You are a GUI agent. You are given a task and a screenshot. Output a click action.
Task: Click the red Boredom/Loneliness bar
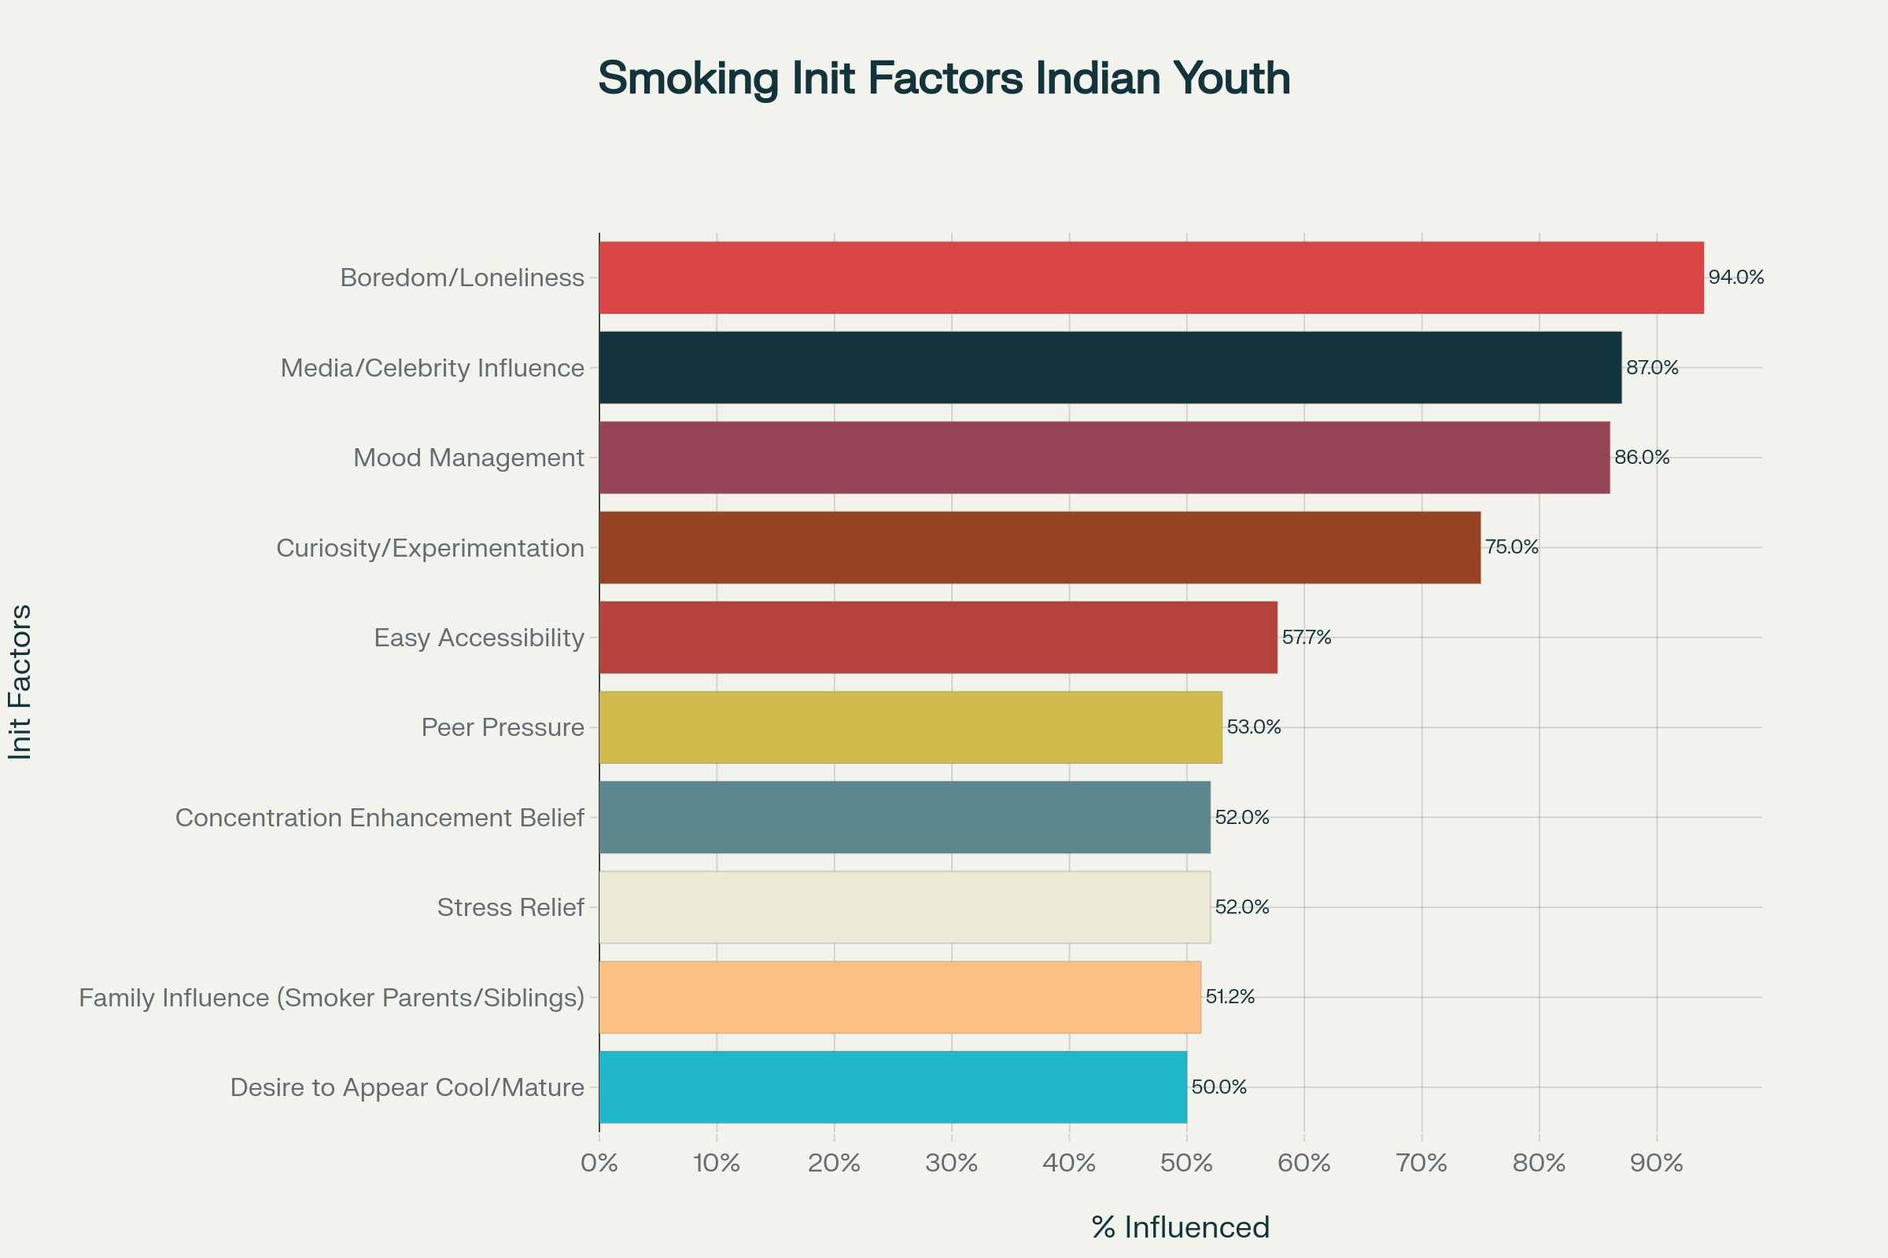pos(1151,278)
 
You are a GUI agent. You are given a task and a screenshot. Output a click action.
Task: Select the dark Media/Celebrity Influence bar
pos(1110,367)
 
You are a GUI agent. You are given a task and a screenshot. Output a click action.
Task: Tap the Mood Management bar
pos(1104,458)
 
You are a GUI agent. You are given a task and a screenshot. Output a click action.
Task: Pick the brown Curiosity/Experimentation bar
pos(1039,547)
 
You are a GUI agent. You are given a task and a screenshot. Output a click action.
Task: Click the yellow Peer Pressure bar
pos(910,726)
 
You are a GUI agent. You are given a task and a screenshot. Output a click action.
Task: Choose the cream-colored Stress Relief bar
pos(905,907)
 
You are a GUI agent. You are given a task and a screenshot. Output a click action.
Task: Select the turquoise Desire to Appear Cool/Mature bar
pos(893,1087)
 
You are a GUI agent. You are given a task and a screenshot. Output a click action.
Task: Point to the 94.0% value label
pos(1735,278)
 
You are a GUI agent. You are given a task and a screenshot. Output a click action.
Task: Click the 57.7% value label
pos(1306,637)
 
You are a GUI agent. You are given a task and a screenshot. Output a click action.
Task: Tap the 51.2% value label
pos(1230,996)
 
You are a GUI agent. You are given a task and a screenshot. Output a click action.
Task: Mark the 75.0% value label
pos(1511,547)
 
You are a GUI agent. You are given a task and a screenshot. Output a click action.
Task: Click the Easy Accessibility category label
pos(478,638)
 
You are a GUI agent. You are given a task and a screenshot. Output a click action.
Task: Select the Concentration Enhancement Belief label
pos(379,818)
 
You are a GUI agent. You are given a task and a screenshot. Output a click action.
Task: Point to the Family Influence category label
pos(330,997)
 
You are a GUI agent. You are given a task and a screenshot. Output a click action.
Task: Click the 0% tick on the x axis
pos(599,1163)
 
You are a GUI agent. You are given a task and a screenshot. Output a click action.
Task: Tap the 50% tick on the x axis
pos(1186,1163)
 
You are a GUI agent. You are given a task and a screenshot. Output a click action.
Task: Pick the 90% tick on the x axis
pos(1656,1163)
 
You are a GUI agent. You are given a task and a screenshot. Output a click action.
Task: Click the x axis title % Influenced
pos(1180,1227)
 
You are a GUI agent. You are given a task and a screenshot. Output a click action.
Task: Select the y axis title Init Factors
pos(20,682)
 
